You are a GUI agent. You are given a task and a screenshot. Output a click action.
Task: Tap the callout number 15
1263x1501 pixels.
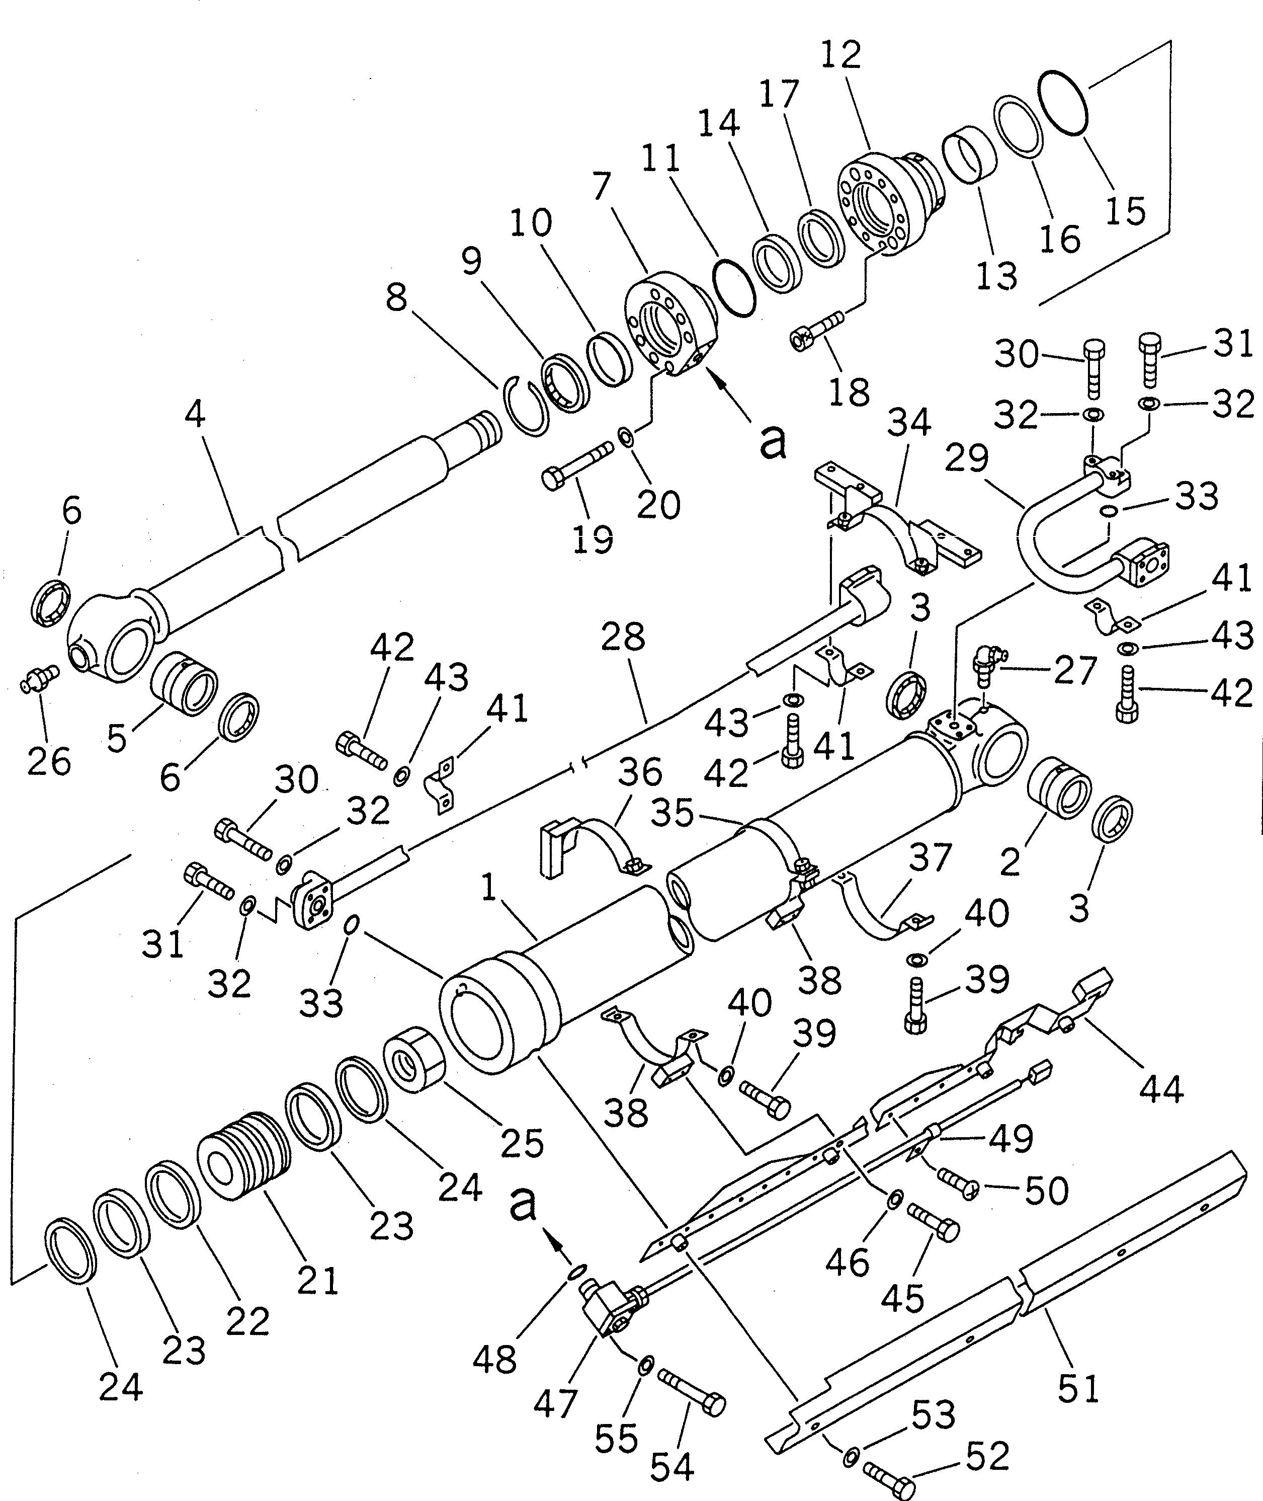coord(1126,210)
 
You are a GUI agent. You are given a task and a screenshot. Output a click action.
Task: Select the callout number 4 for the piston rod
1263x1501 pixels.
coord(195,414)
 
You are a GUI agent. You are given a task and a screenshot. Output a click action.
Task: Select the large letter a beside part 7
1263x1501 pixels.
coord(772,443)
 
